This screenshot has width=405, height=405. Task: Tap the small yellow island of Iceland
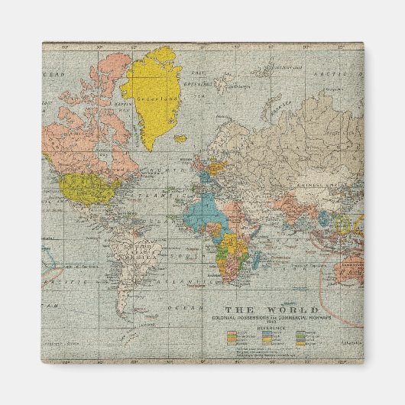coord(180,139)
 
